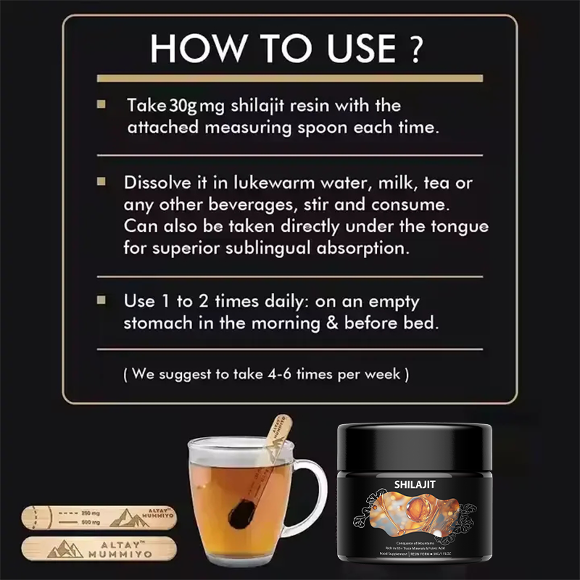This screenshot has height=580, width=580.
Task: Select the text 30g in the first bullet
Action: (183, 106)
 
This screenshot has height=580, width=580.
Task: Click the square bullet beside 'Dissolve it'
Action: (101, 181)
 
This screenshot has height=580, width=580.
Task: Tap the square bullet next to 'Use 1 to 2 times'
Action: (101, 299)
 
